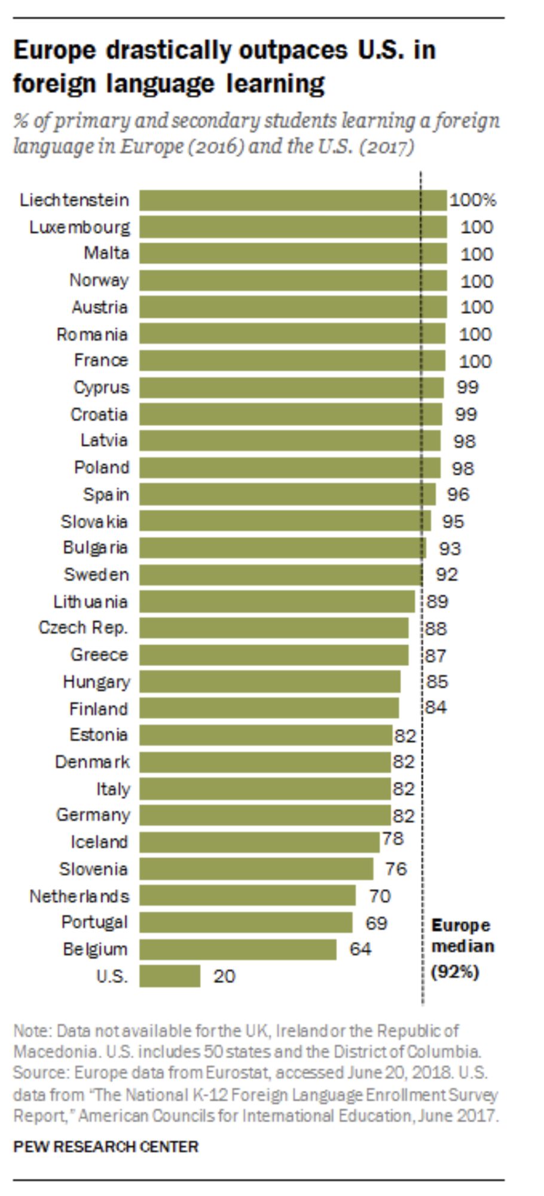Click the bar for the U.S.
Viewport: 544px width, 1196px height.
tap(170, 976)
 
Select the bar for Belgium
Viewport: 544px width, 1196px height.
tap(238, 949)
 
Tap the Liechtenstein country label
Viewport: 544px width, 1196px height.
tap(74, 200)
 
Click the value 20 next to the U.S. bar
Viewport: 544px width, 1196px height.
tap(224, 976)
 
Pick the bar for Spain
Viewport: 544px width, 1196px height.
tap(288, 495)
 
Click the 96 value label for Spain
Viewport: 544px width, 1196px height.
tap(458, 495)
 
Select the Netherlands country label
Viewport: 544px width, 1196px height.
tap(80, 896)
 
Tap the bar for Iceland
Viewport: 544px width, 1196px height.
tap(259, 842)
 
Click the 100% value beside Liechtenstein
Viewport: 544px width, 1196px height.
tap(473, 200)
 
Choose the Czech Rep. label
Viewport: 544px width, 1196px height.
tap(83, 628)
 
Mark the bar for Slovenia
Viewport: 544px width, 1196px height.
tap(256, 869)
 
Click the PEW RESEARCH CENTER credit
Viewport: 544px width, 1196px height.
tap(106, 1147)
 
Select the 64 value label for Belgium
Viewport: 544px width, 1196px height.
tap(360, 949)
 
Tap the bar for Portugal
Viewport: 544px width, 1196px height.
tap(246, 922)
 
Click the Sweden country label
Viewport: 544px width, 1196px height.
tap(96, 575)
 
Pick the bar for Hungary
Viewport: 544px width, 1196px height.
tap(270, 682)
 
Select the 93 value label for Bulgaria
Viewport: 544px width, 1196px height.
tap(450, 548)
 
